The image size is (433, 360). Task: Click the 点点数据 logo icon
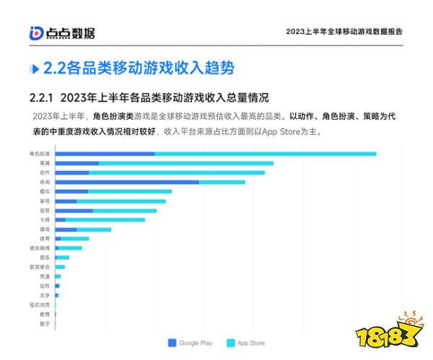point(37,32)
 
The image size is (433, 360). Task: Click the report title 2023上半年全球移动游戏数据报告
point(344,32)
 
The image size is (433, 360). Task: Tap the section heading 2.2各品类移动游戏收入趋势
point(138,69)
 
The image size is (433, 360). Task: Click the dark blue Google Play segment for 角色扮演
point(105,154)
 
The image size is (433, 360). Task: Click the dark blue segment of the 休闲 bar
point(126,182)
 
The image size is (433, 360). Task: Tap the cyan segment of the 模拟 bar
point(129,191)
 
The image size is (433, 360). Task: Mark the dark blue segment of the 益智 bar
point(74,210)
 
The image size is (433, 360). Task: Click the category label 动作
point(45,172)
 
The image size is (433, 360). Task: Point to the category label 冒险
point(45,201)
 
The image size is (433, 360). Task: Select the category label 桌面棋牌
point(40,247)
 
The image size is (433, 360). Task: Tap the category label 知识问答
point(40,304)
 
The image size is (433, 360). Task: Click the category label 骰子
point(45,323)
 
